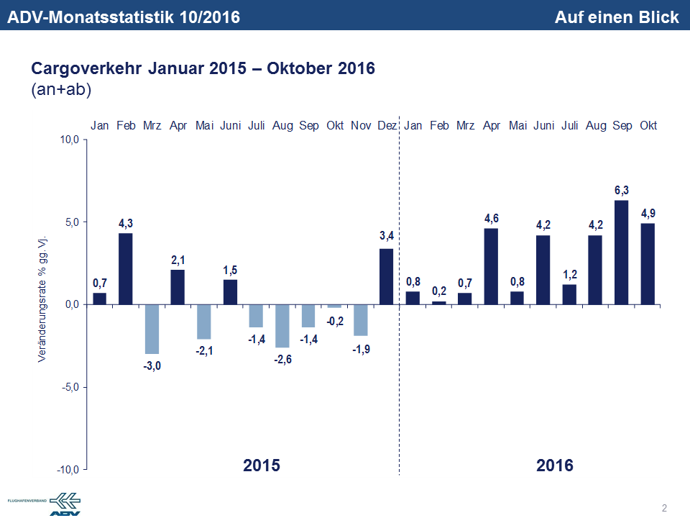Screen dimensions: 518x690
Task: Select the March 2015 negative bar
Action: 152,329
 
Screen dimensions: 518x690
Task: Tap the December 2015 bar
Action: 387,276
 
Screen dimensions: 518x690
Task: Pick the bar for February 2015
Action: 126,268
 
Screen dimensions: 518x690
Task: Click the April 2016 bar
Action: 491,266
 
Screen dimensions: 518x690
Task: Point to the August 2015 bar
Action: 282,325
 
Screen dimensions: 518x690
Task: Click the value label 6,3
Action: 622,190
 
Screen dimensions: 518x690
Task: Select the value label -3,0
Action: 152,365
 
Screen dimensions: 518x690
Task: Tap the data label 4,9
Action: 648,213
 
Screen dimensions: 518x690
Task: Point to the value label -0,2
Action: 334,321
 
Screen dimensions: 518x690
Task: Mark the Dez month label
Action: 387,126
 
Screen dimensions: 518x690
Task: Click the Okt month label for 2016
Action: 648,126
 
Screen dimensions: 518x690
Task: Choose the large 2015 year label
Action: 262,465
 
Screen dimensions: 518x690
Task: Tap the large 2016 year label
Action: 555,465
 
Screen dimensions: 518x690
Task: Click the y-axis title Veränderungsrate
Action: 42,297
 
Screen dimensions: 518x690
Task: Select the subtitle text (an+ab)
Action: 62,91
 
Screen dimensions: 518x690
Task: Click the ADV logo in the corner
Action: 65,504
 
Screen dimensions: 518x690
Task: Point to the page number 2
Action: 664,509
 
